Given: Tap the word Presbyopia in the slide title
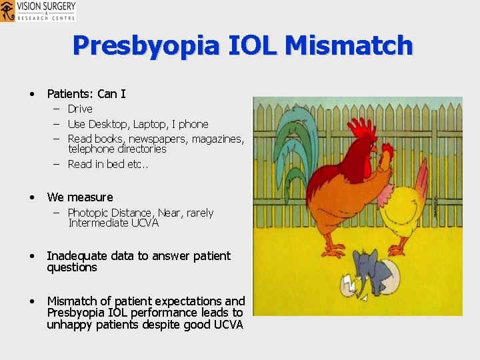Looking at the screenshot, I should (x=145, y=45).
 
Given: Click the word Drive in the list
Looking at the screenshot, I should (x=80, y=109).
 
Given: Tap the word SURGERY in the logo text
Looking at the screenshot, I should (x=57, y=6).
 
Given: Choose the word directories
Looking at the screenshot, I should (x=140, y=149).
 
